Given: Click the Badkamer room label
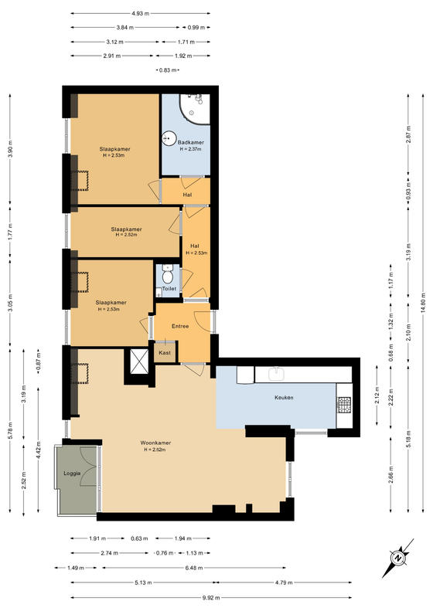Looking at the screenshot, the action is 191,143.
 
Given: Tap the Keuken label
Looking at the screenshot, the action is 284,398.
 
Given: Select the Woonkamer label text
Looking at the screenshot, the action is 155,443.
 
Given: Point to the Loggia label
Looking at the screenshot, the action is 72,473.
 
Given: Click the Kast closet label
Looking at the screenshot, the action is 165,353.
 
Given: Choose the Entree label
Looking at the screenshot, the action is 180,326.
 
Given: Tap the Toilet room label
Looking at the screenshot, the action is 169,289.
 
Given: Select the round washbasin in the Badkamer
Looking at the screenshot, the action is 169,138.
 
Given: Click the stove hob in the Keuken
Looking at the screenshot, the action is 344,405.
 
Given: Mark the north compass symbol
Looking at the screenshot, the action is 398,558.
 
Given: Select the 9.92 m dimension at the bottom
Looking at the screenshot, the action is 212,597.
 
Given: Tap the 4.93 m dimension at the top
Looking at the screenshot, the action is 141,13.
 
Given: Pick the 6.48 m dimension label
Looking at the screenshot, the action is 194,568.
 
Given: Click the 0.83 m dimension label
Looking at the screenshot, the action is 168,70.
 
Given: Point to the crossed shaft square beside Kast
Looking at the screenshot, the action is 139,362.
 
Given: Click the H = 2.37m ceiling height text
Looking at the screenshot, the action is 190,149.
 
